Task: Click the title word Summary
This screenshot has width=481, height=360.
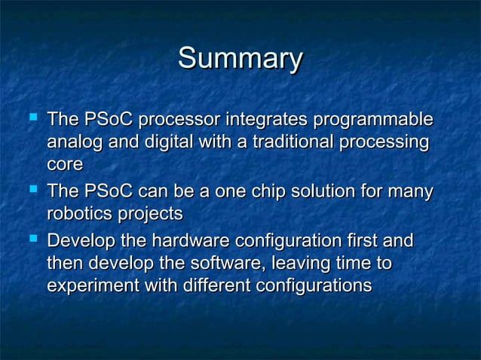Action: pos(240,59)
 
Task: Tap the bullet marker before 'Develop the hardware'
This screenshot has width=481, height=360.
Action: pos(31,240)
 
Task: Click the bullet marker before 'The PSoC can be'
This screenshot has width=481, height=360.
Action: pos(31,191)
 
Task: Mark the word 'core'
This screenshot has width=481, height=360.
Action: pos(64,165)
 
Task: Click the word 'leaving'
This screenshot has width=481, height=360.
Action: pos(294,265)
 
